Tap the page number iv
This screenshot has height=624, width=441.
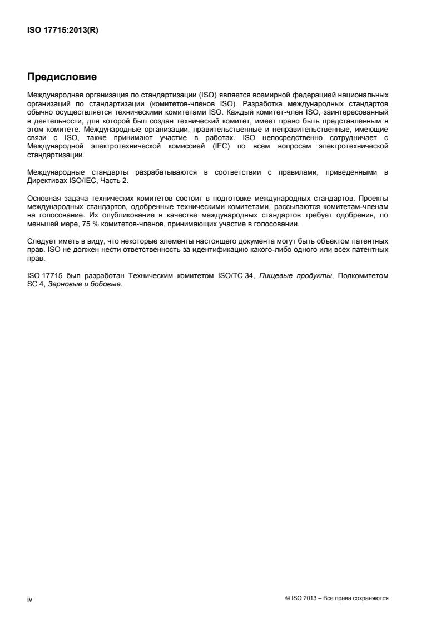coord(30,598)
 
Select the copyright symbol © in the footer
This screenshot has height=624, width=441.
coord(286,598)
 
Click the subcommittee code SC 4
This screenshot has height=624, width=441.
coord(35,285)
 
